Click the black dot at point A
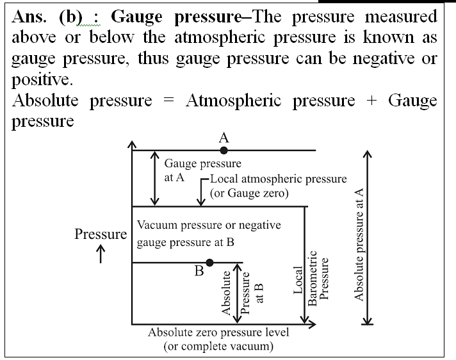pyautogui.click(x=224, y=151)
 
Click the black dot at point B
pyautogui.click(x=209, y=262)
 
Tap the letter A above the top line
pyautogui.click(x=224, y=138)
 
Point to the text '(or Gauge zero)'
pyautogui.click(x=247, y=193)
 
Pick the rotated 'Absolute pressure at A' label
pyautogui.click(x=359, y=244)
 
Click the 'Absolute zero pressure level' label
pyautogui.click(x=218, y=332)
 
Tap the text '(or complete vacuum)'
pyautogui.click(x=218, y=346)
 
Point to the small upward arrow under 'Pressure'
pyautogui.click(x=101, y=254)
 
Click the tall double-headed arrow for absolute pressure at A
pyautogui.click(x=366, y=238)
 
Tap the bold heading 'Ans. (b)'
pyautogui.click(x=51, y=17)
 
